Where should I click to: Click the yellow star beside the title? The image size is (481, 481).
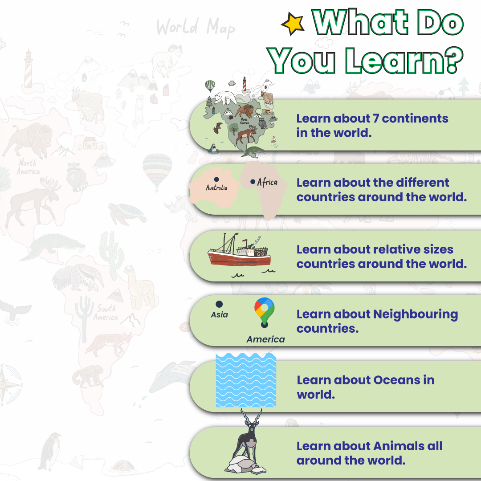pos(293,23)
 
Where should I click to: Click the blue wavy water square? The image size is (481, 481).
pos(246,380)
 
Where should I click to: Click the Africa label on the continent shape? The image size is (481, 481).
pos(267,182)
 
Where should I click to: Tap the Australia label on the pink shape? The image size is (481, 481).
pos(216,188)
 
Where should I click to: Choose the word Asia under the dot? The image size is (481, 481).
pos(219,315)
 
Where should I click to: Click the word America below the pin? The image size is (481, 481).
pos(265,339)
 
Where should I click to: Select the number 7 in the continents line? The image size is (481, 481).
pos(376,119)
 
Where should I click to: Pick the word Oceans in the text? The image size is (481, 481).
pos(397,380)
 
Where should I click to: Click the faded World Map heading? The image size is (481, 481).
pos(196,28)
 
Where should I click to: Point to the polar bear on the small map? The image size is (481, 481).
pos(225,98)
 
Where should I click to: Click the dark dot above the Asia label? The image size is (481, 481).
pos(219,304)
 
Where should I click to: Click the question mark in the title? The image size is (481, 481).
pos(453,60)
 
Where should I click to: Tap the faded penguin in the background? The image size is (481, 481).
pos(49,451)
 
